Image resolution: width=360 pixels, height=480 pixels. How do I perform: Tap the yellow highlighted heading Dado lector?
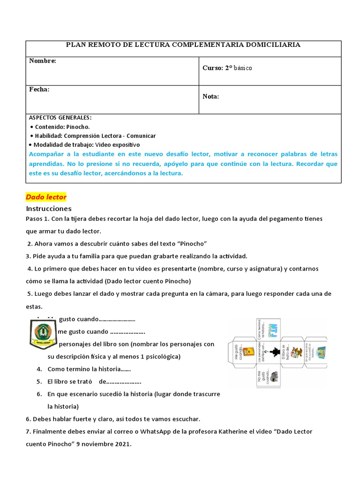[x=46, y=197]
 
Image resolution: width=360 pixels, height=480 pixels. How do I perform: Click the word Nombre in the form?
[x=42, y=61]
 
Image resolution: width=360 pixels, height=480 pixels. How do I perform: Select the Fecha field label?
[x=39, y=89]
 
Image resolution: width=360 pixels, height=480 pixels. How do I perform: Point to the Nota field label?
[x=210, y=97]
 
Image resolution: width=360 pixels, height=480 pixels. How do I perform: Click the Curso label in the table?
[x=212, y=68]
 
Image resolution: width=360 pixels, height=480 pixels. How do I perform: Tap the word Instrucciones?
[x=49, y=208]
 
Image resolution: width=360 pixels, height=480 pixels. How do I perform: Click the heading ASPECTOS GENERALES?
[x=60, y=117]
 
